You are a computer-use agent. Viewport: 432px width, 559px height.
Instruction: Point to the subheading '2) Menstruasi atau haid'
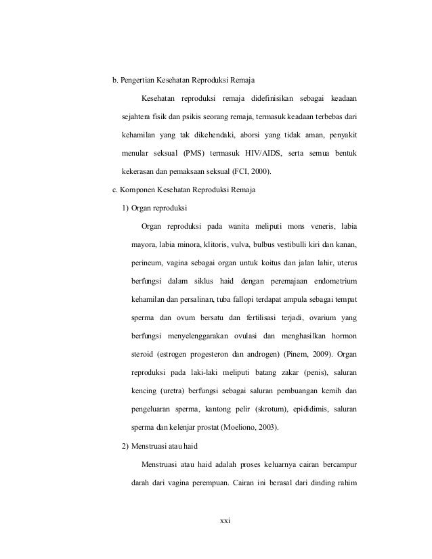tap(163, 446)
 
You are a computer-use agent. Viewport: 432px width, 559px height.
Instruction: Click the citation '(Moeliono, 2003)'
tap(255, 427)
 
